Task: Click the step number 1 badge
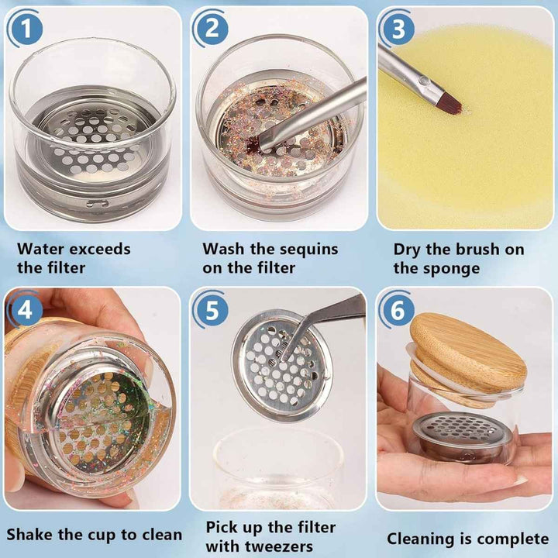(x=26, y=29)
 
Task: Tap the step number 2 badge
(x=212, y=29)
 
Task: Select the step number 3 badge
(x=398, y=29)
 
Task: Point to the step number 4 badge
(x=25, y=309)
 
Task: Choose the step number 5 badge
(x=212, y=309)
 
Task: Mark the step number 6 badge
(x=398, y=309)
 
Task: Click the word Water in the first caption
(x=40, y=249)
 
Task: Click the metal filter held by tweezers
(x=282, y=366)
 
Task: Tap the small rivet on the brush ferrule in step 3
(x=422, y=81)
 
